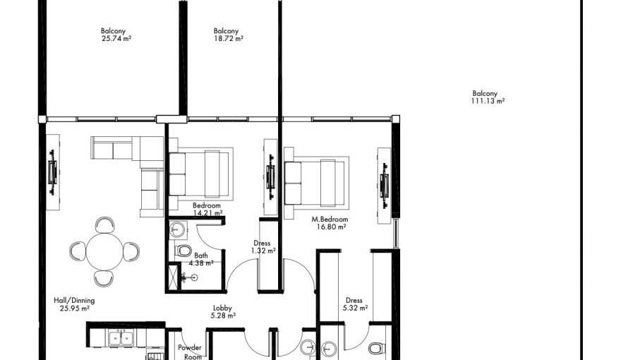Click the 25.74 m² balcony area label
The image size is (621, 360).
[x=116, y=35]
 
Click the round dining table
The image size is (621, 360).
[x=105, y=251]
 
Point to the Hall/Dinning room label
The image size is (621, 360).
[x=74, y=304]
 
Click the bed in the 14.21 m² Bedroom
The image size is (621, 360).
[x=200, y=174]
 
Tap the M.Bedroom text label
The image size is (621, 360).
[x=330, y=223]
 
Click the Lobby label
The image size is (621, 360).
[x=224, y=311]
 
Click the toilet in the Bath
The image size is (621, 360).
[x=183, y=250]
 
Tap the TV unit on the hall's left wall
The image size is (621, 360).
[x=52, y=172]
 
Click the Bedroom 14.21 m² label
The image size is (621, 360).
[x=207, y=208]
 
